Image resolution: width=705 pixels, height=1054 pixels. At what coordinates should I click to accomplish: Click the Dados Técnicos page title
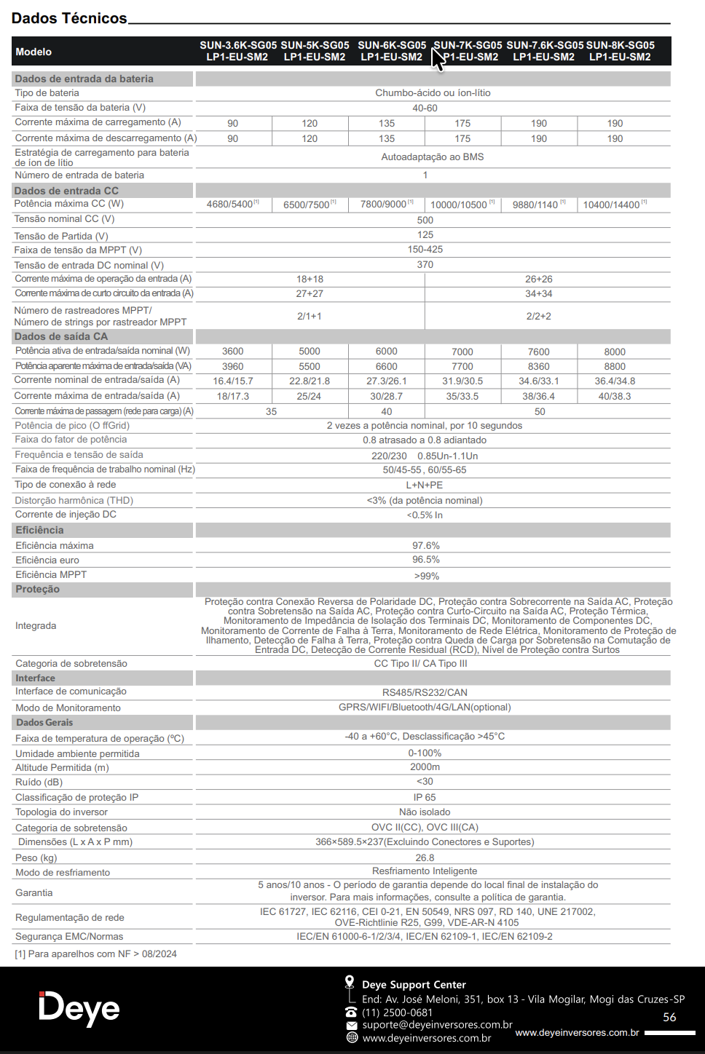[x=69, y=18]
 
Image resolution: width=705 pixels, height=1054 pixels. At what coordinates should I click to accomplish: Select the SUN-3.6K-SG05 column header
[x=237, y=51]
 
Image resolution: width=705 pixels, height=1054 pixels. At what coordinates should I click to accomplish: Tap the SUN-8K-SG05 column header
[x=620, y=51]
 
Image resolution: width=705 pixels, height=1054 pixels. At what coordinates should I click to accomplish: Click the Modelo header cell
[x=34, y=52]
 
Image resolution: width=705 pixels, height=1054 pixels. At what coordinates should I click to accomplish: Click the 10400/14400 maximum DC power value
[x=613, y=205]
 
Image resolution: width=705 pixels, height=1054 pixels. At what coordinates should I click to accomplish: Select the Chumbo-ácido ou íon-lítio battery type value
[x=433, y=93]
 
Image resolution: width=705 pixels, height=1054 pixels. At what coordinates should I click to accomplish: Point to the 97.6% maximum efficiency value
[x=426, y=545]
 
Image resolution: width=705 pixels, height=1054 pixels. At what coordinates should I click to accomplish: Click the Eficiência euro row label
[x=47, y=560]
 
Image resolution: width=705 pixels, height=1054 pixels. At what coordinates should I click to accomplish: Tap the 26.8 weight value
[x=425, y=858]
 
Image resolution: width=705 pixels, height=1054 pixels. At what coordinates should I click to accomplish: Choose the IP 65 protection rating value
[x=425, y=798]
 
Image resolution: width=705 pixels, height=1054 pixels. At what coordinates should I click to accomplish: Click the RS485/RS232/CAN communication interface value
[x=425, y=692]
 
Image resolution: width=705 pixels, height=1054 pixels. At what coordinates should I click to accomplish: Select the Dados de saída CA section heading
[x=61, y=336]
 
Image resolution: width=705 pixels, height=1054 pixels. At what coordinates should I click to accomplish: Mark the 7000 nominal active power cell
[x=462, y=352]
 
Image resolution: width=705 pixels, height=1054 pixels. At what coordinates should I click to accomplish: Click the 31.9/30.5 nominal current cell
[x=462, y=381]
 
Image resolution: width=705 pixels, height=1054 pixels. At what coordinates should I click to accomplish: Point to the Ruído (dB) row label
[x=39, y=782]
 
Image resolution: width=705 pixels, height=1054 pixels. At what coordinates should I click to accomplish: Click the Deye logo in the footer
[x=79, y=1009]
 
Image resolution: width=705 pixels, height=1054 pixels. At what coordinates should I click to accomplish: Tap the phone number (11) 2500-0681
[x=397, y=1013]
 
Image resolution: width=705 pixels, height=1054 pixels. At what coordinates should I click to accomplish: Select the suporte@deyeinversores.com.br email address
[x=437, y=1025]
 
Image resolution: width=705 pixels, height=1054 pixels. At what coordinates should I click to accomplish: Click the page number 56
[x=669, y=1018]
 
